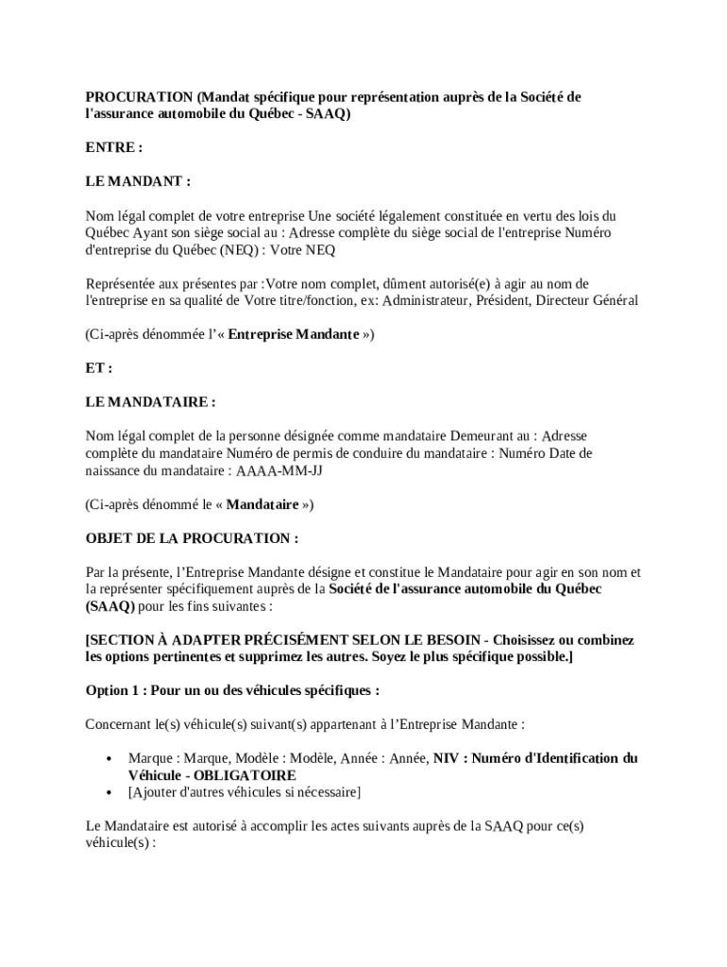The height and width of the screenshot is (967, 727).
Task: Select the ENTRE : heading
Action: pos(113,147)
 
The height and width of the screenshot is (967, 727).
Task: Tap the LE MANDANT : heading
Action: pos(138,181)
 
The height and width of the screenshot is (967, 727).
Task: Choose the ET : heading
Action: pos(99,368)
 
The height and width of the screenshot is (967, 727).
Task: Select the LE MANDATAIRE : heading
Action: pos(150,402)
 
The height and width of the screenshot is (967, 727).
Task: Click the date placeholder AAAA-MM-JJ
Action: pos(279,470)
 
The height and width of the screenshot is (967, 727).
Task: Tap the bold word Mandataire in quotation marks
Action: pos(262,504)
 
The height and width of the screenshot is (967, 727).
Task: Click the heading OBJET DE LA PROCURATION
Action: pos(192,538)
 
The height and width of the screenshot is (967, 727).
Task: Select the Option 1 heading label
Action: pos(112,690)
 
